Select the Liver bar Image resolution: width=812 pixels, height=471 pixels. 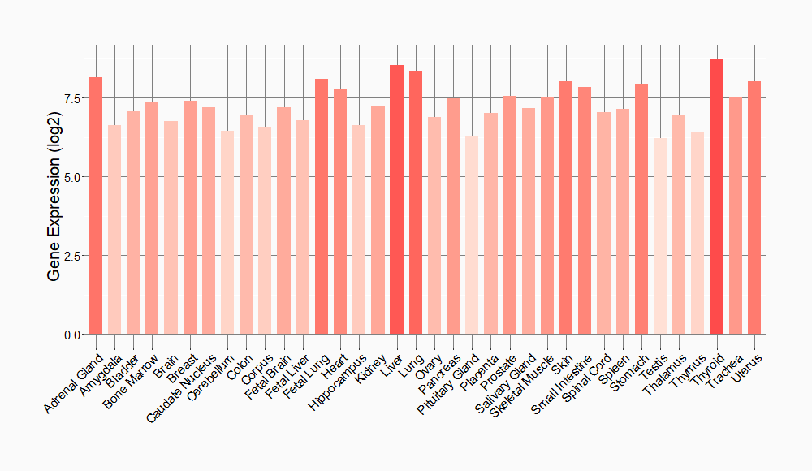[x=396, y=200]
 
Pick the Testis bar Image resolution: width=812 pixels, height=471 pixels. [x=660, y=236]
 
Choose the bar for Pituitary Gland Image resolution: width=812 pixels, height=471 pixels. [x=472, y=235]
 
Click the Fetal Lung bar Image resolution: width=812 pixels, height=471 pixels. [x=322, y=206]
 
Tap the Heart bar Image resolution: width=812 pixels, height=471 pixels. [x=340, y=211]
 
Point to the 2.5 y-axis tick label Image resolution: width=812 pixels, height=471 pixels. [x=71, y=256]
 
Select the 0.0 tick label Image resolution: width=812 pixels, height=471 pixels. [x=71, y=335]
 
